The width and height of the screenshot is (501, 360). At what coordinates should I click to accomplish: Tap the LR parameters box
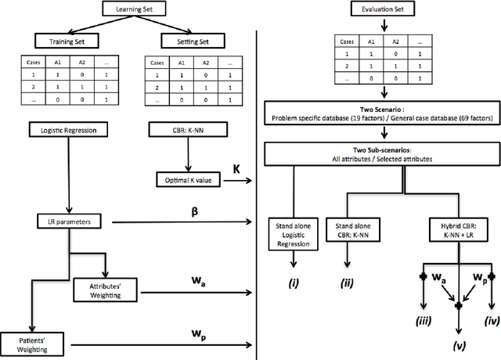point(69,223)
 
